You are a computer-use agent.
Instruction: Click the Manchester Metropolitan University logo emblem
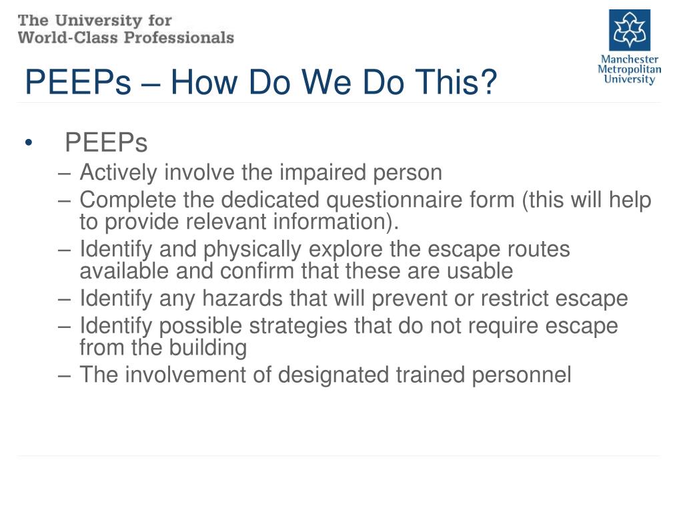pyautogui.click(x=629, y=30)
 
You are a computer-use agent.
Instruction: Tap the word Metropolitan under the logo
pyautogui.click(x=629, y=69)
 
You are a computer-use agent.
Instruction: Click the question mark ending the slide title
pyautogui.click(x=489, y=83)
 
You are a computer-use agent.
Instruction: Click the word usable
pyautogui.click(x=482, y=271)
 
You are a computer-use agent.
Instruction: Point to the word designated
pyautogui.click(x=331, y=375)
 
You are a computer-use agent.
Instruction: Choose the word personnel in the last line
pyautogui.click(x=522, y=375)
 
